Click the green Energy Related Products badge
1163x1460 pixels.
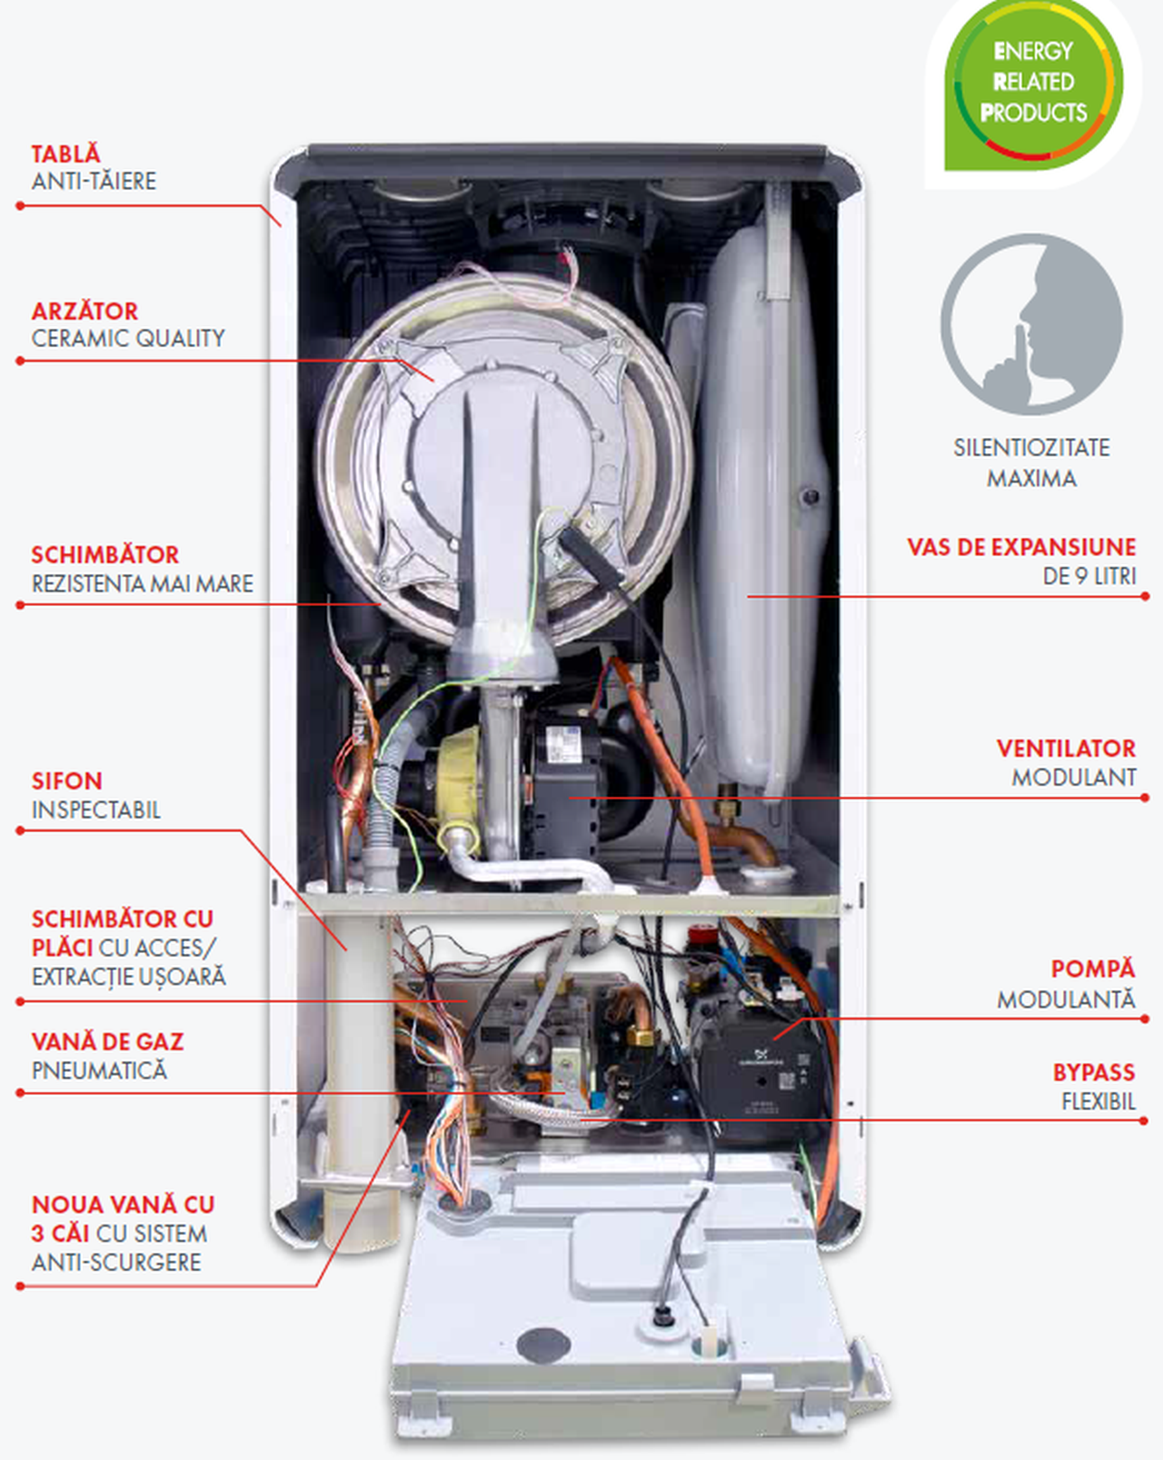1033,84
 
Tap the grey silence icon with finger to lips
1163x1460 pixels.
1032,324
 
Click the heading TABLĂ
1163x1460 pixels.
65,154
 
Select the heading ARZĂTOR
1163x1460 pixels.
84,311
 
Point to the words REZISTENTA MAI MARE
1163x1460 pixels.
143,583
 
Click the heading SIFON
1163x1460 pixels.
66,781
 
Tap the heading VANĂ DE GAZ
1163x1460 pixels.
107,1042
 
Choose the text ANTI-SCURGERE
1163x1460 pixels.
116,1262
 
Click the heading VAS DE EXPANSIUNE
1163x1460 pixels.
1021,547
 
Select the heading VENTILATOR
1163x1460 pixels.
1066,749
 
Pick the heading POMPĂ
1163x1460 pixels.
1093,968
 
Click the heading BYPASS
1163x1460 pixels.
1094,1072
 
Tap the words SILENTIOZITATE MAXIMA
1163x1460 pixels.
1032,462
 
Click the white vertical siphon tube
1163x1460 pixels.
357,1072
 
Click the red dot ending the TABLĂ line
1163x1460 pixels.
20,206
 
